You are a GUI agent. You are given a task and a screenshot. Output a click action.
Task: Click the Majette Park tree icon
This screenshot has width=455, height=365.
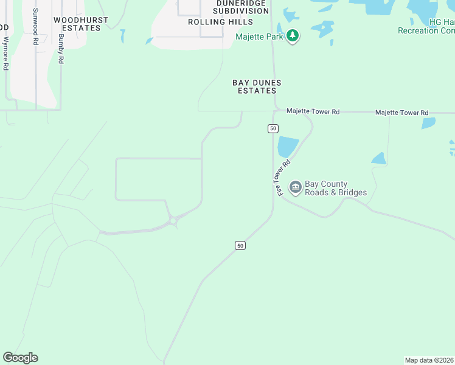pos(293,36)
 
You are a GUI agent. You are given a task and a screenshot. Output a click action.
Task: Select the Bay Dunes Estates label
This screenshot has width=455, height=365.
pos(257,86)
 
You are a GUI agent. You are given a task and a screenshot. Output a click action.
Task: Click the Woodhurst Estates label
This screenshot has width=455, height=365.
pos(80,24)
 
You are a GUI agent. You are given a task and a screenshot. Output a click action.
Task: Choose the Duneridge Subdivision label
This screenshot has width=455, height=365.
pos(224,7)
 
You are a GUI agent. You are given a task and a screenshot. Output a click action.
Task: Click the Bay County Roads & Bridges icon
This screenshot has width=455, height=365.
pos(296,187)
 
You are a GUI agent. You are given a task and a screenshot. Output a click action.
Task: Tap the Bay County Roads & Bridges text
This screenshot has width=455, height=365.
pos(335,189)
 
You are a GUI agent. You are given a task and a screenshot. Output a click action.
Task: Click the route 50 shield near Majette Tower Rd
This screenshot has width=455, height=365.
pos(273,128)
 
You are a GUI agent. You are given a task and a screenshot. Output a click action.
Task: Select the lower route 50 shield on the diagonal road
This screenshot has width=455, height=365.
pos(240,245)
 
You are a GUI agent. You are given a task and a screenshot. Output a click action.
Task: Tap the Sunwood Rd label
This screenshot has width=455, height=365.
pos(36,27)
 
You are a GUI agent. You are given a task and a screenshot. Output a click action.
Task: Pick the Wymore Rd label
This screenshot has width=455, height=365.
pos(5,54)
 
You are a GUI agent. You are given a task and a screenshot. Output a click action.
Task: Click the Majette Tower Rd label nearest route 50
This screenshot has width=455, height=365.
pos(313,112)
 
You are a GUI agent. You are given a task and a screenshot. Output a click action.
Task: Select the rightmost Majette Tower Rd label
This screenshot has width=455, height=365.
pos(401,113)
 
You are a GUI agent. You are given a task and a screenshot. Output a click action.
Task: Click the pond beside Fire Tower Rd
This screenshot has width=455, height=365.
pos(288,147)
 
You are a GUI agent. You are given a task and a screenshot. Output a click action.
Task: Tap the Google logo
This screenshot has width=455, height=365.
pos(20,358)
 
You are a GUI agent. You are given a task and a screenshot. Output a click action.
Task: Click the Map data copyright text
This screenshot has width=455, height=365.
pos(429,360)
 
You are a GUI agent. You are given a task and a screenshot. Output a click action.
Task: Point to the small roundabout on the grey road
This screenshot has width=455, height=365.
pos(173,221)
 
